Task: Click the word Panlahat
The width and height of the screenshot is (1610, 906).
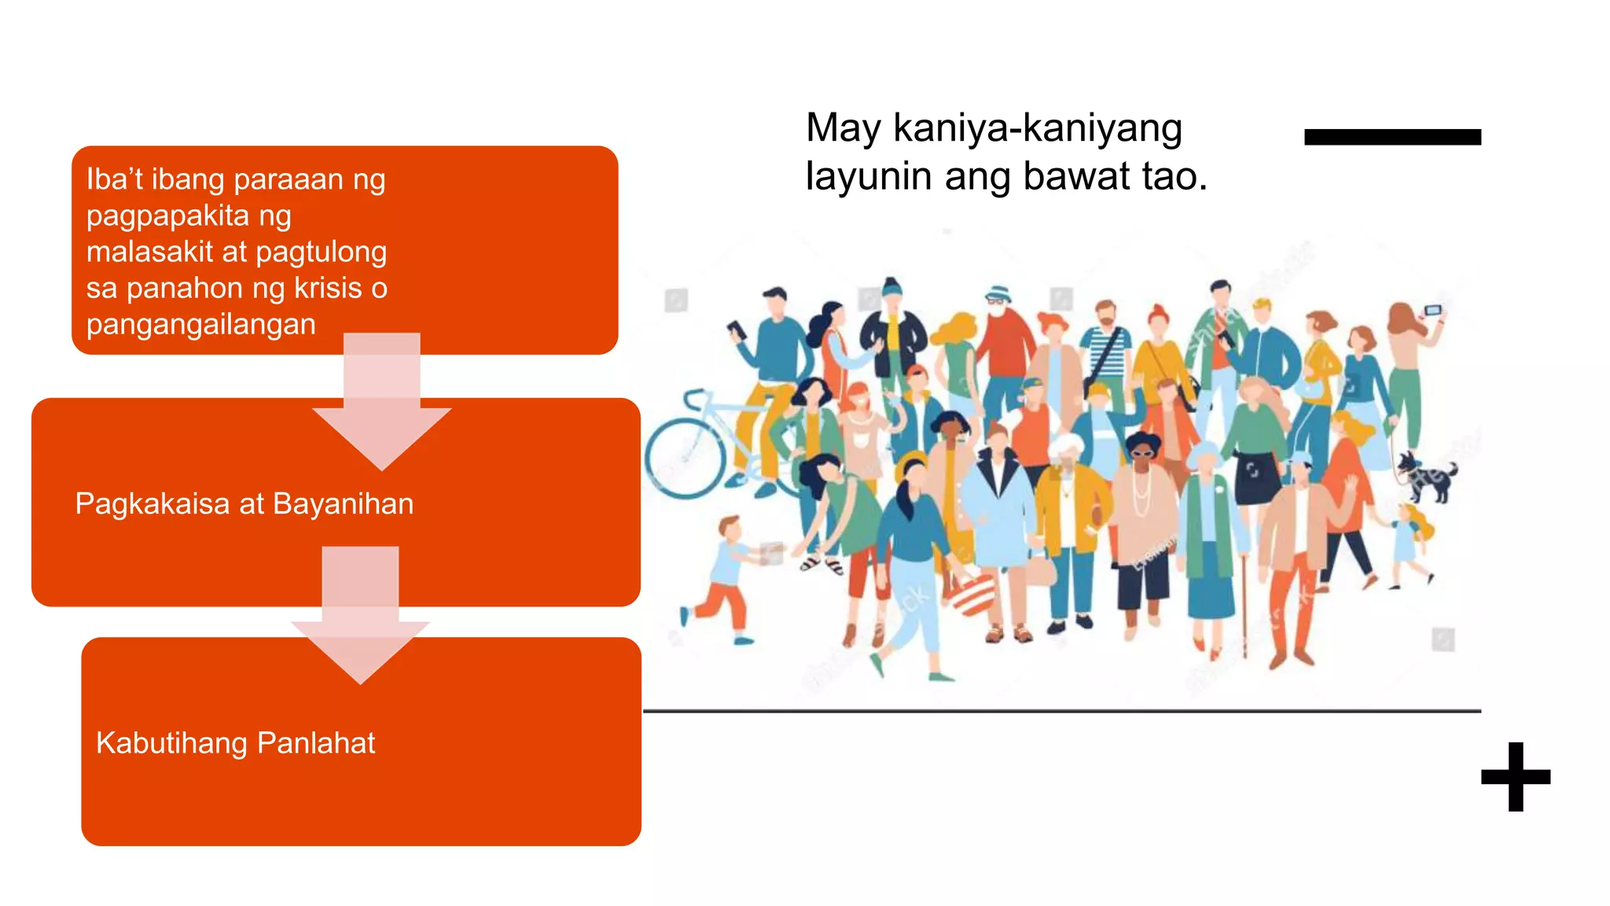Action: click(x=316, y=743)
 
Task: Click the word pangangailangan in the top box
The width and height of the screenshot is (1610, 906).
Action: click(x=201, y=325)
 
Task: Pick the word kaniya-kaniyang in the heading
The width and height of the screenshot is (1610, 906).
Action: click(x=1038, y=129)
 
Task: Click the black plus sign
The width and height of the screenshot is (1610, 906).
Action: click(x=1515, y=777)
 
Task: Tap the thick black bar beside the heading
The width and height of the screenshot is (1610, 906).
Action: click(x=1392, y=138)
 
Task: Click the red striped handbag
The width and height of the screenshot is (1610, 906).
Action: click(x=973, y=594)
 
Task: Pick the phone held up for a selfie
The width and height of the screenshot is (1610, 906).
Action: click(x=1433, y=311)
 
